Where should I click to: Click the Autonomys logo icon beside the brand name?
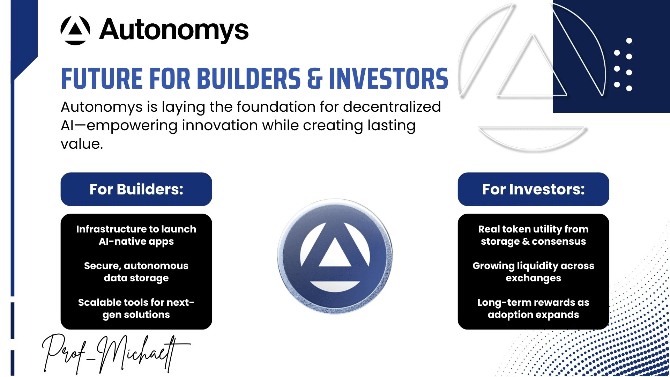pyautogui.click(x=75, y=30)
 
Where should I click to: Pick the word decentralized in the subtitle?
pyautogui.click(x=392, y=106)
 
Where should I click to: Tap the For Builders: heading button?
pyautogui.click(x=136, y=189)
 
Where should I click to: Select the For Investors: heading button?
pyautogui.click(x=533, y=189)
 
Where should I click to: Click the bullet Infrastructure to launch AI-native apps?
pyautogui.click(x=136, y=235)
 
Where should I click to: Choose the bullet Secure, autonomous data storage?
pyautogui.click(x=136, y=272)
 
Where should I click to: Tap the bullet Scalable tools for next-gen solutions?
pyautogui.click(x=136, y=309)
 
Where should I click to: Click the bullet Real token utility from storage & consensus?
pyautogui.click(x=533, y=235)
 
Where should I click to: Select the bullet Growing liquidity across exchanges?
pyautogui.click(x=533, y=272)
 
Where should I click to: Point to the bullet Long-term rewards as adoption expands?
pyautogui.click(x=533, y=309)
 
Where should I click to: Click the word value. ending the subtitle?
pyautogui.click(x=82, y=144)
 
